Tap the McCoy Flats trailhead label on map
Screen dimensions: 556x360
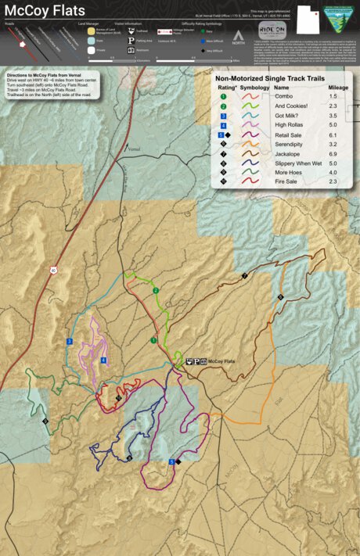[x=220, y=361]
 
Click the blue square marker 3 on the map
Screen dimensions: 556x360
[x=70, y=342]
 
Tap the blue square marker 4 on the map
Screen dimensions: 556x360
[x=103, y=361]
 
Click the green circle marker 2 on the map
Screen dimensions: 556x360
[x=156, y=291]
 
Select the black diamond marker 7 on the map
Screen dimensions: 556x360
[x=244, y=276]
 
